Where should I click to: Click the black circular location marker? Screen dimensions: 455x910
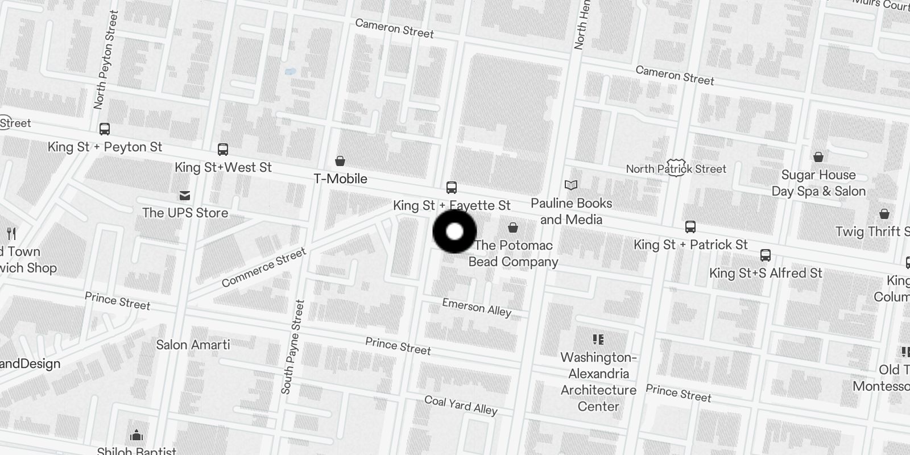454,231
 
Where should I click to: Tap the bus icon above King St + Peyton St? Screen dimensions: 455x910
105,129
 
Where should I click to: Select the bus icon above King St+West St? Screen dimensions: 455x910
223,150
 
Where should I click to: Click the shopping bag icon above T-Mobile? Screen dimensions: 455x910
340,161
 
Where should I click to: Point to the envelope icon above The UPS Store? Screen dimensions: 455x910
185,196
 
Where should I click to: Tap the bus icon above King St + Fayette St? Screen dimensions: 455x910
452,187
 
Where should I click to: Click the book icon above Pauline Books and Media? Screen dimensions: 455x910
571,185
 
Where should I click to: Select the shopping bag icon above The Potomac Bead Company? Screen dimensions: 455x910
513,227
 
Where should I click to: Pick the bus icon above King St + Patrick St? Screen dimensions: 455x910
690,227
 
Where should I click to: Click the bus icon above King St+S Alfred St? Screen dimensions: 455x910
766,255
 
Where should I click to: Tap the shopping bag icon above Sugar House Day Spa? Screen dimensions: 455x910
818,156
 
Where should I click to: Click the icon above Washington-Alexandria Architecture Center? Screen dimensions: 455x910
598,340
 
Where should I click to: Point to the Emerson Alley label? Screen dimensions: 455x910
477,307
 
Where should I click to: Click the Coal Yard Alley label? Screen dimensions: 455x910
461,405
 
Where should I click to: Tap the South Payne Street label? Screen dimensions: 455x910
293,347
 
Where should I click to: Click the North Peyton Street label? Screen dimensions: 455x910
106,60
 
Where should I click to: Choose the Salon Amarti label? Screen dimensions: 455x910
193,345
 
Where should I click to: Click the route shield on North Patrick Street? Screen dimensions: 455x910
676,168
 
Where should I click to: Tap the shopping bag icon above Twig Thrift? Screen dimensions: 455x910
884,214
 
